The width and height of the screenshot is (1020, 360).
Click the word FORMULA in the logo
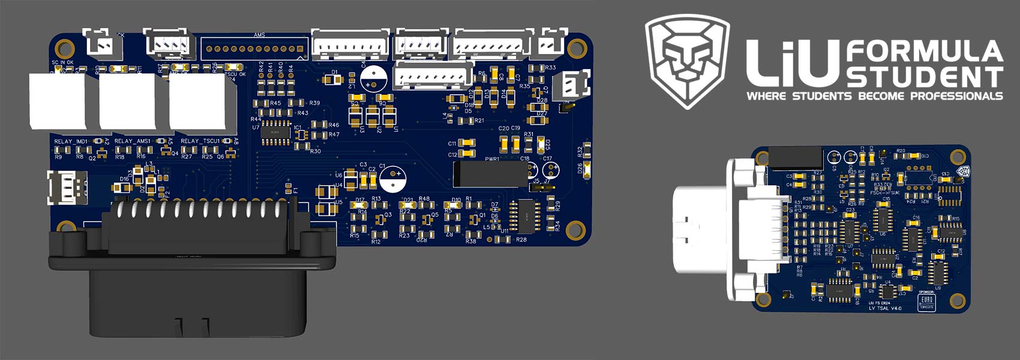(x=924, y=52)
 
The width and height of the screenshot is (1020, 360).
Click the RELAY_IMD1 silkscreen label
(x=71, y=142)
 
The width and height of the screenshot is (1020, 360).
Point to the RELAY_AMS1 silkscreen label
(x=132, y=142)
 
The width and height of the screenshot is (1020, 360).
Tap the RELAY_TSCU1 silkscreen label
(x=200, y=142)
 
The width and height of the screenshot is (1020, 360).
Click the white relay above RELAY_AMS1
(x=127, y=102)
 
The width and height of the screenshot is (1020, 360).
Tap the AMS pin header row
(x=255, y=49)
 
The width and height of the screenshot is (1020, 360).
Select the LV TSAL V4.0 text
(x=885, y=308)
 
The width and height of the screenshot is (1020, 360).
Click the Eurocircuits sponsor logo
(x=926, y=301)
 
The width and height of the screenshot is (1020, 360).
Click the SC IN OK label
(x=62, y=62)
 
